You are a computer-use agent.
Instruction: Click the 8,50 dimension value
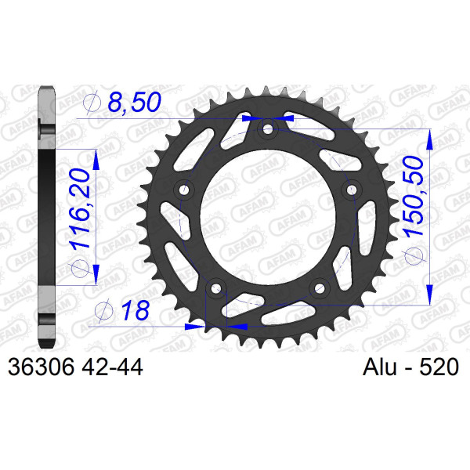134,102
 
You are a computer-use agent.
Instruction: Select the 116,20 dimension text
80,208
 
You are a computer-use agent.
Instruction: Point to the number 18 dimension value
136,310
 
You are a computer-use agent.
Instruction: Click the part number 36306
41,367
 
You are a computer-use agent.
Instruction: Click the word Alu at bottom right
379,367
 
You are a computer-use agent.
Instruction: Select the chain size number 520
439,367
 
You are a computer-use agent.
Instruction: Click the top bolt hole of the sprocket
268,130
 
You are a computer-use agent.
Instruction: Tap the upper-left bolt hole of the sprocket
185,190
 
